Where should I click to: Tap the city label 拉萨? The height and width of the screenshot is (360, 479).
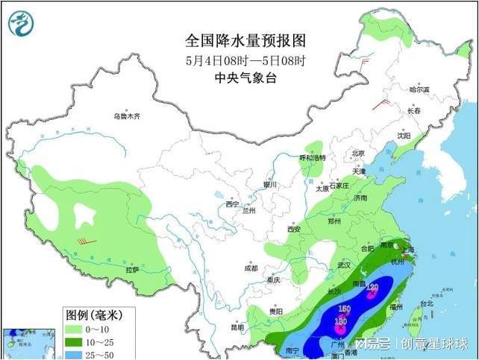click(132, 269)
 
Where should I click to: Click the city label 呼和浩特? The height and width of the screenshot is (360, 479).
click(313, 158)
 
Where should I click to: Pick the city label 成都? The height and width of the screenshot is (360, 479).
click(249, 268)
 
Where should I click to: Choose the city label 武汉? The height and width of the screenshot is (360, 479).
click(343, 265)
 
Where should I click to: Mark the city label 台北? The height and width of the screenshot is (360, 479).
click(426, 304)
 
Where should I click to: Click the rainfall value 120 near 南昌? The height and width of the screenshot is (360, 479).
click(373, 288)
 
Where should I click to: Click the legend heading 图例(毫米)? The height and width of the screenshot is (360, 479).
click(94, 315)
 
